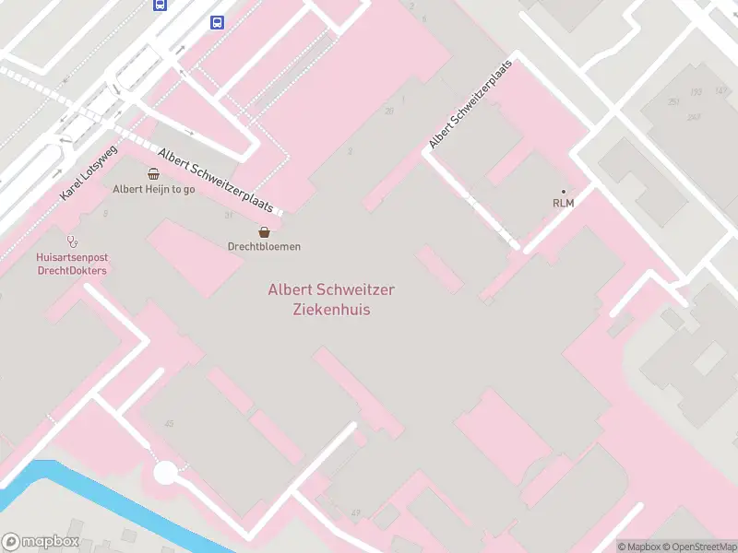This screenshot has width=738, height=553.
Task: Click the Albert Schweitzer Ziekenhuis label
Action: (x=331, y=300)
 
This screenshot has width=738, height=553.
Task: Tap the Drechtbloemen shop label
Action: (x=264, y=246)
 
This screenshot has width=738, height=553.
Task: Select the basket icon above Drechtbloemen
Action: (x=264, y=232)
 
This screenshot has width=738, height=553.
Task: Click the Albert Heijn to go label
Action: (x=153, y=189)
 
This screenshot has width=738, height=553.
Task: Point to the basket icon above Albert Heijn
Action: (x=153, y=173)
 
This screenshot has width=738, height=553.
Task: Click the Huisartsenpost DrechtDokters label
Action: (x=72, y=265)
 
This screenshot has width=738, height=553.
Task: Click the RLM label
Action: (x=563, y=203)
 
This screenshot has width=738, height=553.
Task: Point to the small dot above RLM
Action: (x=563, y=191)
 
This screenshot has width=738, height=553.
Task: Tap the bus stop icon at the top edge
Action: (x=160, y=4)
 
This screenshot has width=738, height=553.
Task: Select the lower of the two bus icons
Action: (x=217, y=22)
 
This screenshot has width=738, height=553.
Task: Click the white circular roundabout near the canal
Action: (x=165, y=473)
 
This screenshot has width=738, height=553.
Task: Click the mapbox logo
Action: (x=41, y=542)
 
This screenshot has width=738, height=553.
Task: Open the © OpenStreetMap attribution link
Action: (x=700, y=547)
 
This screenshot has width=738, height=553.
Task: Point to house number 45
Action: (x=168, y=423)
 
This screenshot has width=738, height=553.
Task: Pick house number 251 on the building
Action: (x=674, y=101)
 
